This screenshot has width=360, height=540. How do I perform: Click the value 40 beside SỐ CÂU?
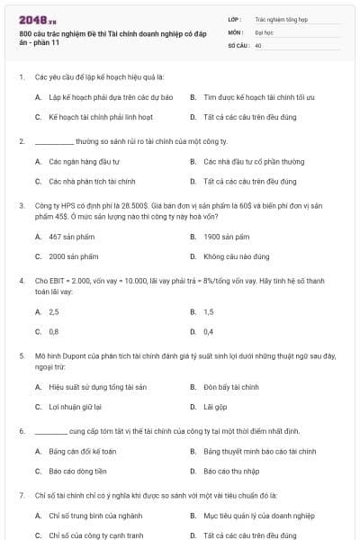258,43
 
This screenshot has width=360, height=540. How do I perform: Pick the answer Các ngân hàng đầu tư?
74,161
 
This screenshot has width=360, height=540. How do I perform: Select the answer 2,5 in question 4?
54,311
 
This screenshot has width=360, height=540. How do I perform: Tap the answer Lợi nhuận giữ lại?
74,407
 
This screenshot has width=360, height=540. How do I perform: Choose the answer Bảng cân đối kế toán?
83,451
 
